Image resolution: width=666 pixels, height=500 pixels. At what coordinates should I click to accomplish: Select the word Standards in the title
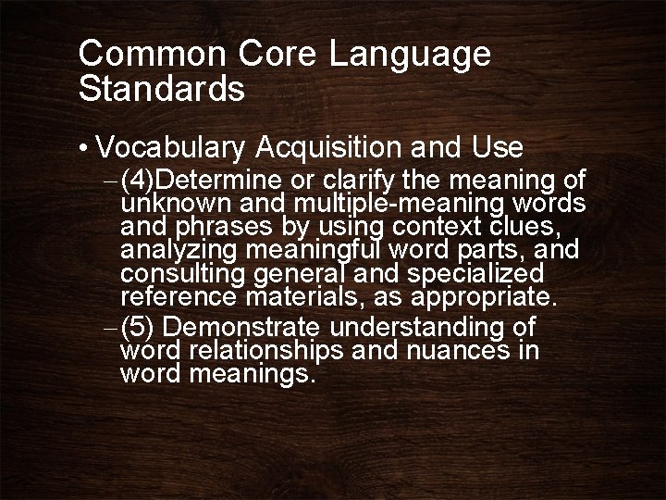pos(162,89)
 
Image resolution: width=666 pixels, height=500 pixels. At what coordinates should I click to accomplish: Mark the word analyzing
pos(177,251)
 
